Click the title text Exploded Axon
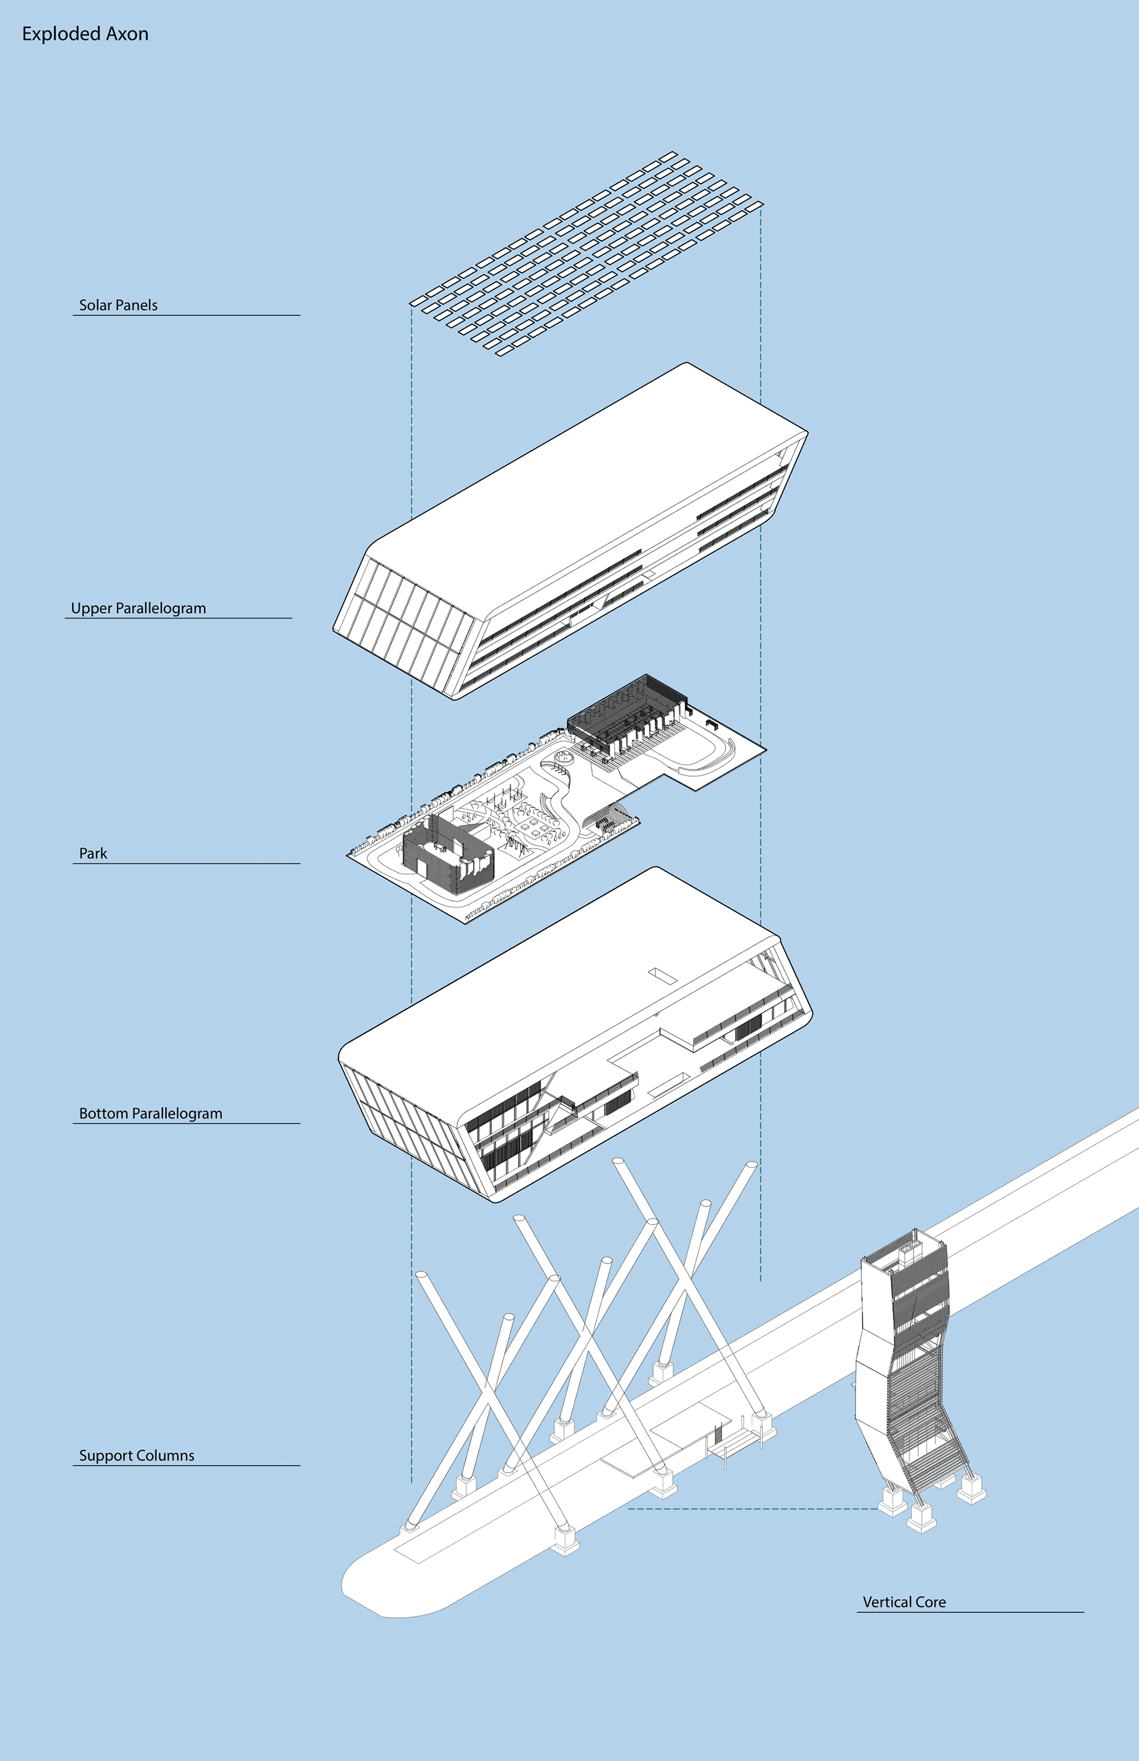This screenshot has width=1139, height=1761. coord(85,34)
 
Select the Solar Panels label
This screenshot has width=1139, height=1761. coord(118,305)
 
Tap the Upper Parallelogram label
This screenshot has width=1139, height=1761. coord(138,608)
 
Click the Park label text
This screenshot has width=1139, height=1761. coord(93,853)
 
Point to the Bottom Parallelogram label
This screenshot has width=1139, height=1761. coord(150,1113)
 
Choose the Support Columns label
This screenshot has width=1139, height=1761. coord(137,1455)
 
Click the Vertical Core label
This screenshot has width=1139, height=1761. coord(904,1601)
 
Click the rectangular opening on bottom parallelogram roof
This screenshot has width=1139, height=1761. coord(663,976)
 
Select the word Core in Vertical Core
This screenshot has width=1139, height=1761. coord(930,1601)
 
